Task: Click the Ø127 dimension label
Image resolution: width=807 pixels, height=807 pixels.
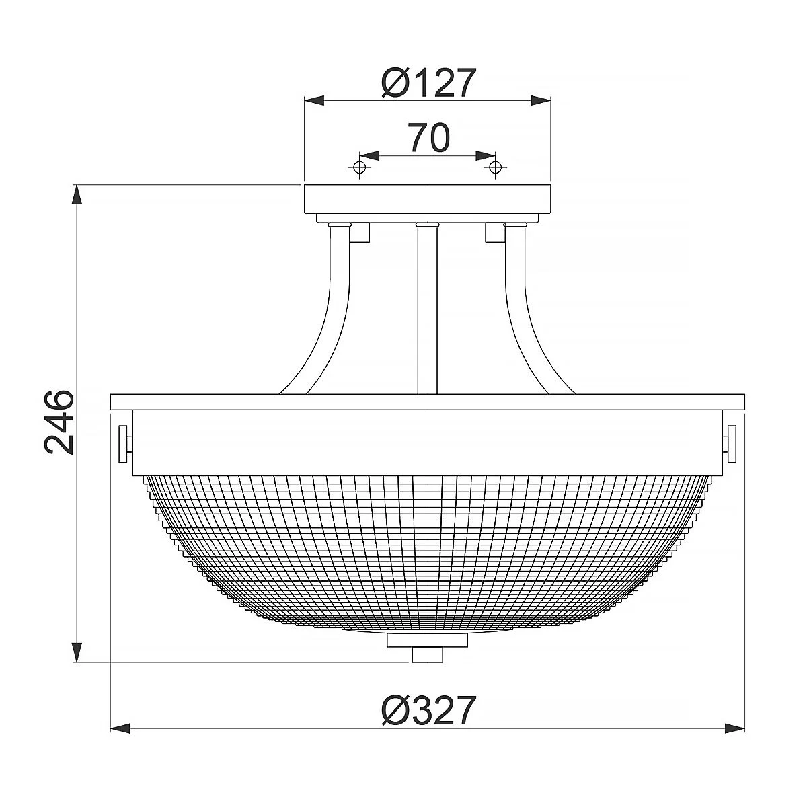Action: (428, 83)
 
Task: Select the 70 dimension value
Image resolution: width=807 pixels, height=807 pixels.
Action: (428, 138)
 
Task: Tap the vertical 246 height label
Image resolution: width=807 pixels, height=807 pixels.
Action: (59, 422)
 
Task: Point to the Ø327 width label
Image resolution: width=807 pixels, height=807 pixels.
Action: (428, 711)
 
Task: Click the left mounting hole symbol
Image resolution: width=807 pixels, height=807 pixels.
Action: (360, 167)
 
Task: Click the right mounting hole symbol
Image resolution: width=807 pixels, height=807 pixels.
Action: (496, 167)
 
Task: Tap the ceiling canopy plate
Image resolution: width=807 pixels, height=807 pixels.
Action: (428, 198)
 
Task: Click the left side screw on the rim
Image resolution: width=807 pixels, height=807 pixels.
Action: (124, 443)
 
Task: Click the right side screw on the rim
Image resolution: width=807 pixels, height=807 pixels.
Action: (730, 443)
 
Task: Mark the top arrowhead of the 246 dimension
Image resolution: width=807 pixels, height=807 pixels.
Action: (78, 195)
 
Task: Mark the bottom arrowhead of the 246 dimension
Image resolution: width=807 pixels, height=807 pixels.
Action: (78, 652)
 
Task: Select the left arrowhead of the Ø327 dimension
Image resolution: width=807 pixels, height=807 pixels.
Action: (120, 728)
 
